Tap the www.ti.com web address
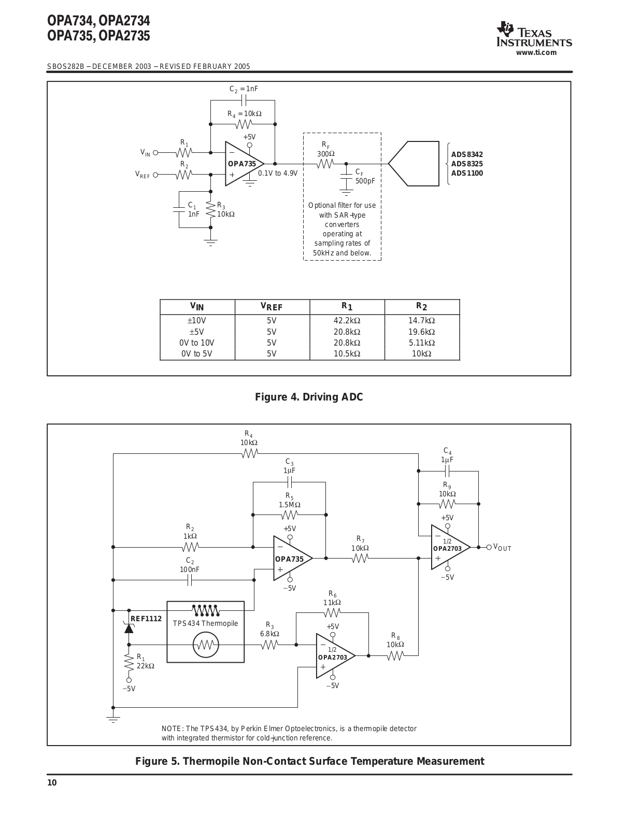[536, 53]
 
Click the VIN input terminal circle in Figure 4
[155, 153]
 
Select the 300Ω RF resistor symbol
[325, 164]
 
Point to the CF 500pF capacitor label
[365, 177]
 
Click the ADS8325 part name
[467, 164]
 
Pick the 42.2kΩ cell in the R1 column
[347, 320]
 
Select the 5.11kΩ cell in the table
[422, 342]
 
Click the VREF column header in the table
[272, 307]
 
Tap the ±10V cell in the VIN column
[197, 320]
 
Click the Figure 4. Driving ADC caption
[309, 397]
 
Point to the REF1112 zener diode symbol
[129, 627]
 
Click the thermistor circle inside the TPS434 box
[206, 645]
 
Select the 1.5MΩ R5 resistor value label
[290, 505]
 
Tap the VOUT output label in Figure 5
[502, 548]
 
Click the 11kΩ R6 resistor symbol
[332, 613]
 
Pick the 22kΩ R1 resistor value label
[146, 666]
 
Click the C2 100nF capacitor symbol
[190, 580]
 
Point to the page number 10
[52, 783]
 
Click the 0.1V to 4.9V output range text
[278, 173]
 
